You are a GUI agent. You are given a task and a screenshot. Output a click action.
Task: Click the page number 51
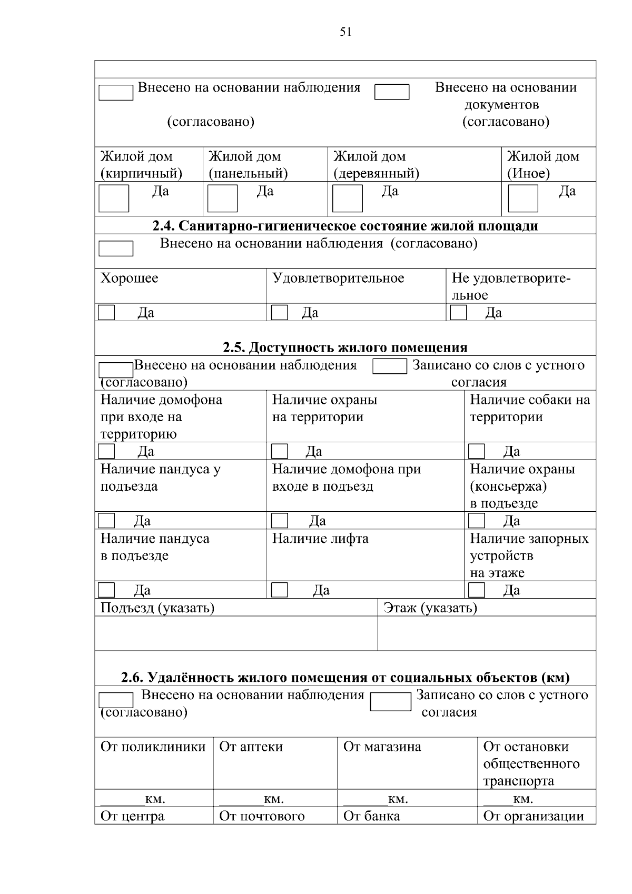[345, 32]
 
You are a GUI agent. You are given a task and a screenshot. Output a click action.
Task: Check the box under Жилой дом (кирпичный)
[114, 198]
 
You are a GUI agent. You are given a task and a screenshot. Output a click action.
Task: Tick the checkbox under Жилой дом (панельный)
[222, 198]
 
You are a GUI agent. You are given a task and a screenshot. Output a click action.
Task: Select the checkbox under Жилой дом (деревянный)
[348, 198]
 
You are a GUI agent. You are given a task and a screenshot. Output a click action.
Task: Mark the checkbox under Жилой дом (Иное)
[522, 198]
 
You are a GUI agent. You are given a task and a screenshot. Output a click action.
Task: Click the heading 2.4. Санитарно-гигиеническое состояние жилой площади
[345, 226]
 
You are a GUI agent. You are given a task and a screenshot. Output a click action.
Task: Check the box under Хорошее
[106, 313]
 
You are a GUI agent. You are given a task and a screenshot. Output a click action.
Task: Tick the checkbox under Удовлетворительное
[279, 313]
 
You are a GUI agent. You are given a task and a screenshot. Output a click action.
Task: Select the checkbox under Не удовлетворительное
[458, 313]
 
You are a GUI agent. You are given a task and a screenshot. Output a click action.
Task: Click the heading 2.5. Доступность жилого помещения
[345, 347]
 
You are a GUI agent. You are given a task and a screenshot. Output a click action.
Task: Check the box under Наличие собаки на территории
[477, 452]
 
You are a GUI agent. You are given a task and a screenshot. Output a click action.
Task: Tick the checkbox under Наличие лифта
[279, 590]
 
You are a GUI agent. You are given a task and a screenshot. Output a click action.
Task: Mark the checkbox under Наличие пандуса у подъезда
[106, 521]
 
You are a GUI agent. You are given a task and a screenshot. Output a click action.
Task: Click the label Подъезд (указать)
[157, 608]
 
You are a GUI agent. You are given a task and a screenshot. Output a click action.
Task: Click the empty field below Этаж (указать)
[487, 633]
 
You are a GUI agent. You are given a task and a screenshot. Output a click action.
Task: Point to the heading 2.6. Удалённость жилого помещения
[345, 677]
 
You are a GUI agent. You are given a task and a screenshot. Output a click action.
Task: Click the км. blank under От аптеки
[241, 799]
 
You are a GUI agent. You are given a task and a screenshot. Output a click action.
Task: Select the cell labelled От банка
[371, 816]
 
